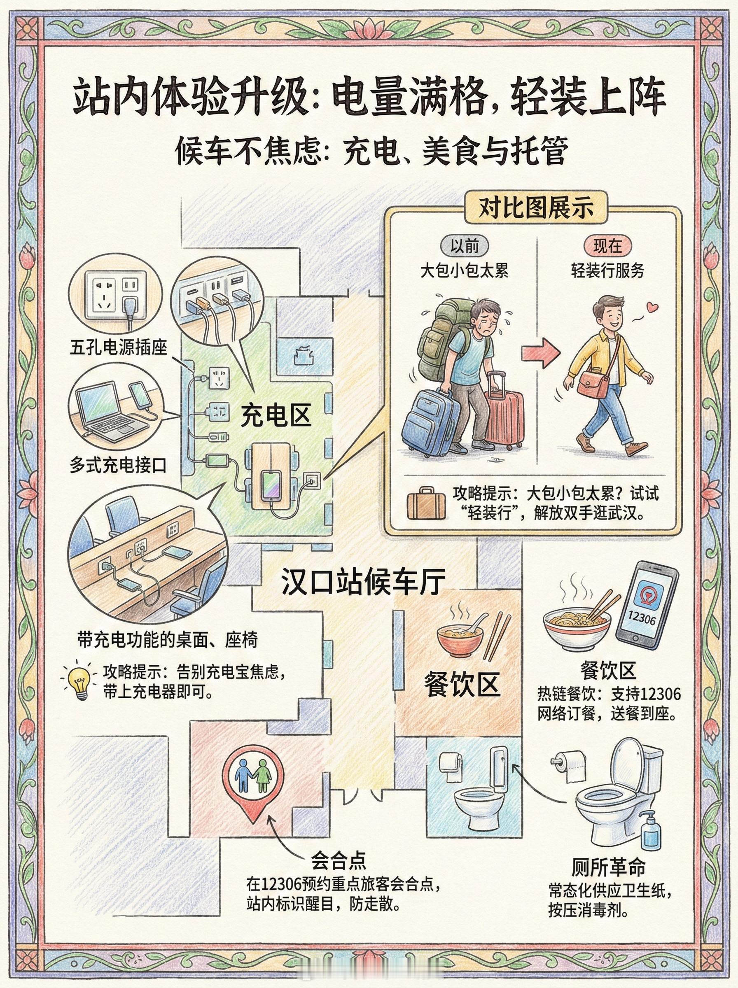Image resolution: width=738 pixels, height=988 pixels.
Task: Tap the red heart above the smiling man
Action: (653, 308)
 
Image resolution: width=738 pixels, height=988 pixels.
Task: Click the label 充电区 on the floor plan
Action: (276, 415)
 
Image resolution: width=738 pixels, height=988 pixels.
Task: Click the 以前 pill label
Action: (465, 247)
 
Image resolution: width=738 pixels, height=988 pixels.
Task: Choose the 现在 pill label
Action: (607, 247)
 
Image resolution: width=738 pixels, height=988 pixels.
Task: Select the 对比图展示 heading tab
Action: (536, 207)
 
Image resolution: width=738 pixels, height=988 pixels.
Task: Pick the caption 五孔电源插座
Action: (118, 347)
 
